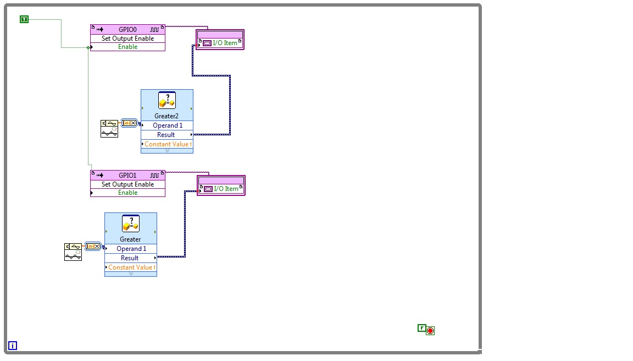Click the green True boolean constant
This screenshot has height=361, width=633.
[x=24, y=19]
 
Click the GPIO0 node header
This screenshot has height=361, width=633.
[x=127, y=29]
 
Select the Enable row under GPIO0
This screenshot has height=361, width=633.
[x=127, y=47]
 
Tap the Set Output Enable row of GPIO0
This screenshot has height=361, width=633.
[x=127, y=39]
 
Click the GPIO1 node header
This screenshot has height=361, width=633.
[x=127, y=176]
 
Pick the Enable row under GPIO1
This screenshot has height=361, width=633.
[x=127, y=193]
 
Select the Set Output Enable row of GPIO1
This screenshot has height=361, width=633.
[x=127, y=184]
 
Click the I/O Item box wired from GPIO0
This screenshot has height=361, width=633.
[x=220, y=42]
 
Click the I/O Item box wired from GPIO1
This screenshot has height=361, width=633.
[x=221, y=188]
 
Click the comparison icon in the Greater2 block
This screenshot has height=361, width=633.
[x=166, y=101]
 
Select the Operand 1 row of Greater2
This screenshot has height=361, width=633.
[x=167, y=125]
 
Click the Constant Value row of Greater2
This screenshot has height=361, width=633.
[x=168, y=144]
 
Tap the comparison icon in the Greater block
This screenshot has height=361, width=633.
[x=130, y=224]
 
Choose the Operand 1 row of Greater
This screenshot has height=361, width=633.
[x=131, y=249]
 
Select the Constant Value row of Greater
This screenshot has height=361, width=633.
[x=131, y=267]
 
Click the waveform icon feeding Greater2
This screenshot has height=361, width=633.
[x=109, y=129]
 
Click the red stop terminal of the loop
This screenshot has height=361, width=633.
[x=430, y=330]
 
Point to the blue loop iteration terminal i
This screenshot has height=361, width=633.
[x=13, y=346]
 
